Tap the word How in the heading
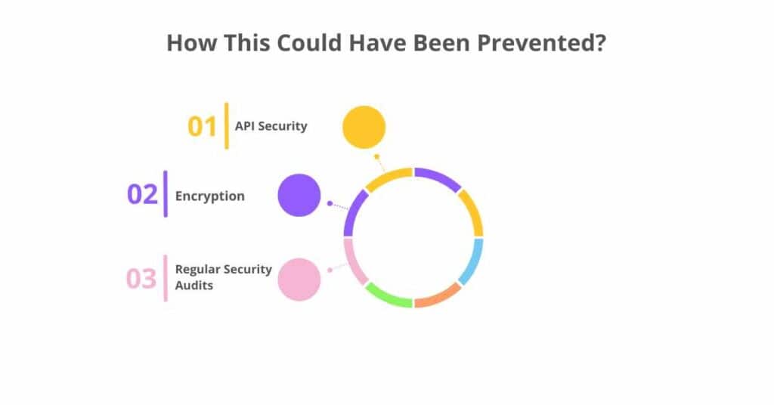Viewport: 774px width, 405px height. tap(186, 42)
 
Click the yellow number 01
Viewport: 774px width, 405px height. tap(202, 126)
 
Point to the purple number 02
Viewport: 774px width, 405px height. tap(142, 194)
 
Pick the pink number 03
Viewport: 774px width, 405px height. tap(141, 278)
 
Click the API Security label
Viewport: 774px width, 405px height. tap(271, 126)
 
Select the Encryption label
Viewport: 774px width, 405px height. tap(210, 196)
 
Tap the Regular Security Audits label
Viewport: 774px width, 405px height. tap(223, 277)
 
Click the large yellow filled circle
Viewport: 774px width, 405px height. tap(364, 126)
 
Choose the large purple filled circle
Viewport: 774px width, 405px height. tap(299, 195)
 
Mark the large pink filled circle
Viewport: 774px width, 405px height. tap(299, 279)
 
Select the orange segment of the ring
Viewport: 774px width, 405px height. tap(438, 296)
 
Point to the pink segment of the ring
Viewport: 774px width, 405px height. tap(354, 261)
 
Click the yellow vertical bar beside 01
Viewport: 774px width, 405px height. tap(226, 125)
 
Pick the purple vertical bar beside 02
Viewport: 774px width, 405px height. tap(166, 194)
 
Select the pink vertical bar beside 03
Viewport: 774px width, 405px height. tap(166, 278)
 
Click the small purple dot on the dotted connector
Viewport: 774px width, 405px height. tap(330, 203)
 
